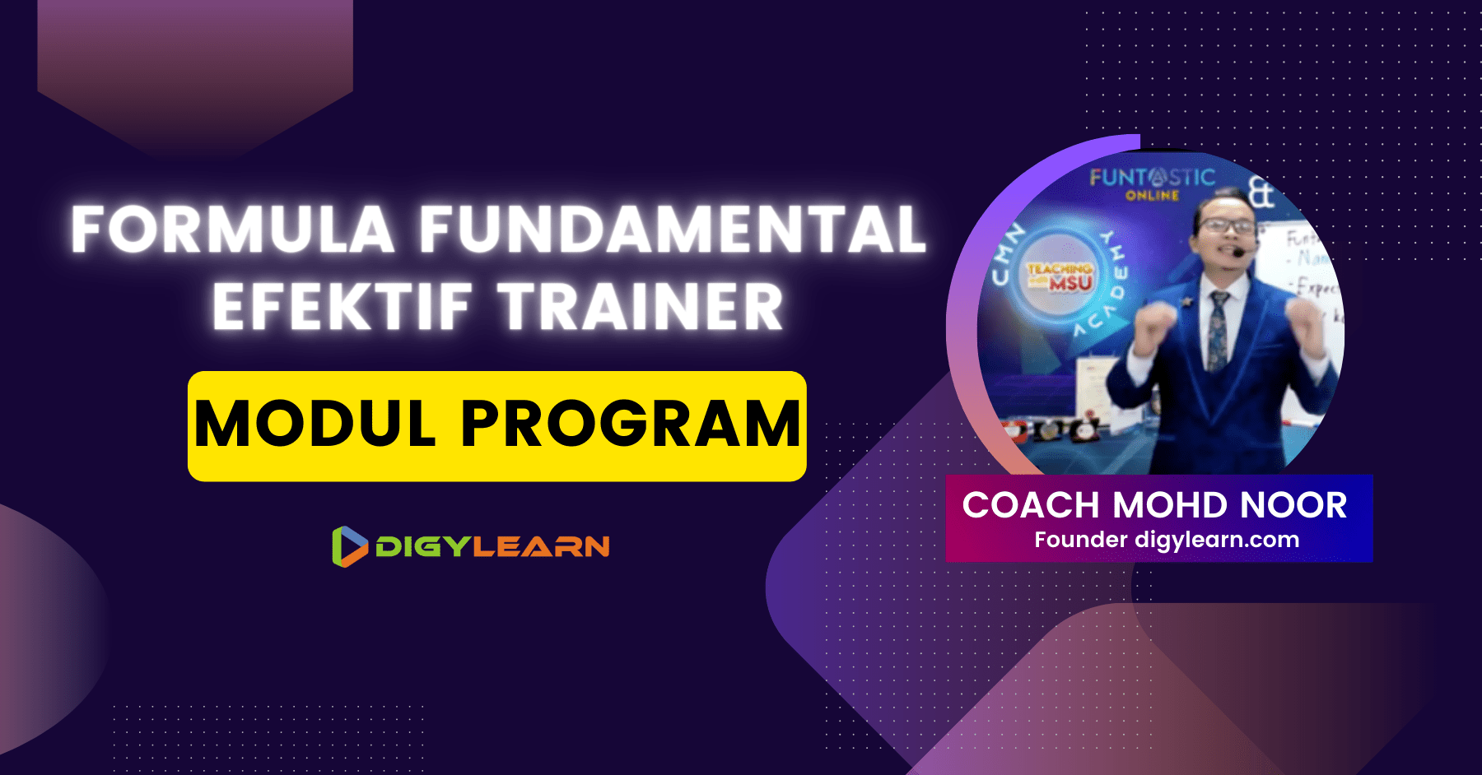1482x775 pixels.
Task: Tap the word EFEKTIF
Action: pyautogui.click(x=343, y=307)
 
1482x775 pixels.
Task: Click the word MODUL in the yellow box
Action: pyautogui.click(x=315, y=425)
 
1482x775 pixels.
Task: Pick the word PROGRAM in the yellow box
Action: pyautogui.click(x=631, y=425)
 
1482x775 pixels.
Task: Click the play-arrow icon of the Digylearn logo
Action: pyautogui.click(x=349, y=546)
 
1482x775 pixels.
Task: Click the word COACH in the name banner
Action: pyautogui.click(x=1031, y=505)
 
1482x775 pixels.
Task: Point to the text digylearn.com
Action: pyautogui.click(x=1217, y=540)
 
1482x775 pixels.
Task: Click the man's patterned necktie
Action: pyautogui.click(x=1217, y=329)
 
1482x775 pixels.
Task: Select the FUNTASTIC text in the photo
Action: pyautogui.click(x=1152, y=177)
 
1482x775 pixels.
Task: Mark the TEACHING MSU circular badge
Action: pyautogui.click(x=1060, y=276)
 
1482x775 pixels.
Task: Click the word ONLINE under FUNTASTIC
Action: pyautogui.click(x=1152, y=196)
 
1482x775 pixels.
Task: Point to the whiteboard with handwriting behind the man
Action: pyautogui.click(x=1309, y=271)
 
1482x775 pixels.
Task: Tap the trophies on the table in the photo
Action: pyautogui.click(x=1046, y=429)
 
